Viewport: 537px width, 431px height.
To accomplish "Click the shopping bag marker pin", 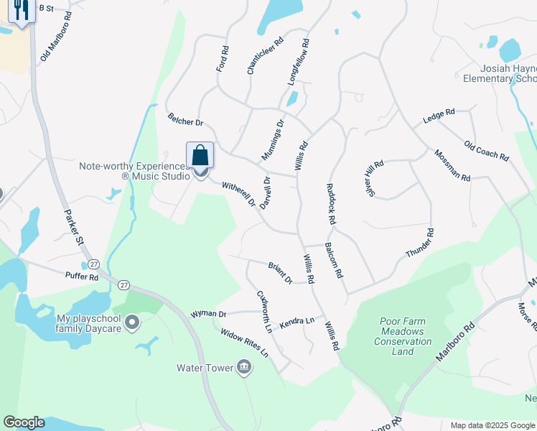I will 200,155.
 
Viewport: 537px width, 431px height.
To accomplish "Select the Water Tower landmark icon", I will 244,369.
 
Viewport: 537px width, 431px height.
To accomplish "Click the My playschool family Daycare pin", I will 131,323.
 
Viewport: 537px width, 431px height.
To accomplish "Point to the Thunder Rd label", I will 420,244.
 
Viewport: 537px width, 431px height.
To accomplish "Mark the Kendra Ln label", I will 297,324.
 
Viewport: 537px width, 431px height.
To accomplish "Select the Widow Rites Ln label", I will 244,343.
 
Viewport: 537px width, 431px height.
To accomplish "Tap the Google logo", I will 24,422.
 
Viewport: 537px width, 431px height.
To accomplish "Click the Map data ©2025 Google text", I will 492,425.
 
